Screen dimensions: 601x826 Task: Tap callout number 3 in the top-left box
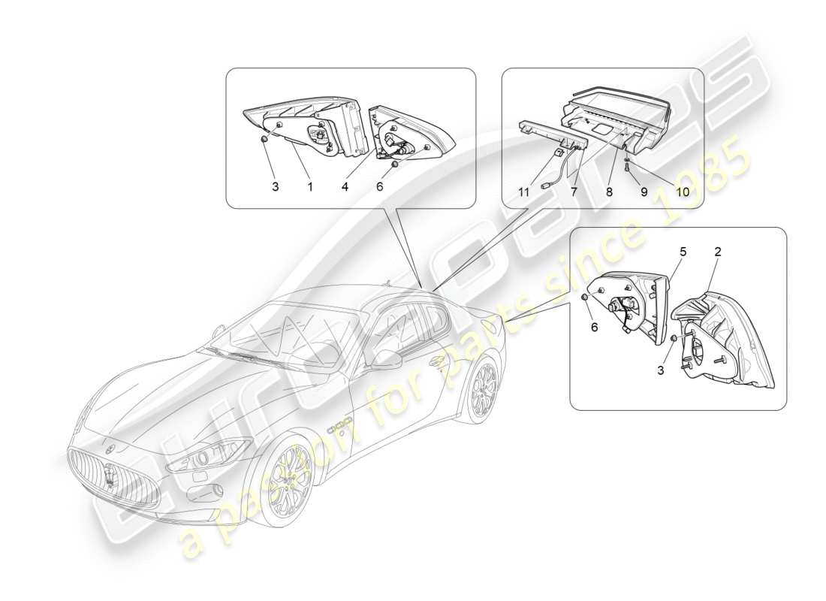pyautogui.click(x=276, y=186)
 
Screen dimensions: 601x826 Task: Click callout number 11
pyautogui.click(x=523, y=192)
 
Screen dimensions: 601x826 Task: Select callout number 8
pyautogui.click(x=609, y=192)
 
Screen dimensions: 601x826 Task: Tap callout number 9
pyautogui.click(x=644, y=192)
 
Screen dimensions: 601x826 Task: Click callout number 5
pyautogui.click(x=683, y=253)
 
